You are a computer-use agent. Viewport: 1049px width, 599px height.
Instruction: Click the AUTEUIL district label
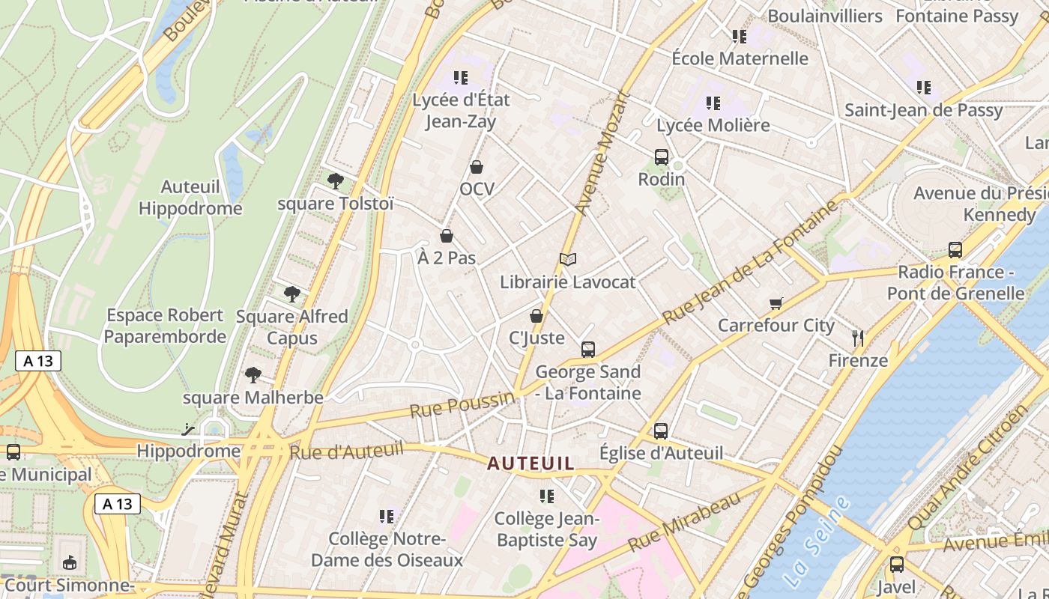click(530, 463)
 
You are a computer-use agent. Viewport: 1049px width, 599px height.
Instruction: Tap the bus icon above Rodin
click(661, 157)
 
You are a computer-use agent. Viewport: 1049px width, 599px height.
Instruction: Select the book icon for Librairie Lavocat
click(568, 259)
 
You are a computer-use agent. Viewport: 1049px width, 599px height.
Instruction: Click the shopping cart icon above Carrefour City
click(776, 303)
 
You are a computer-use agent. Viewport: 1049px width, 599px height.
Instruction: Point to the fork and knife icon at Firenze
click(858, 338)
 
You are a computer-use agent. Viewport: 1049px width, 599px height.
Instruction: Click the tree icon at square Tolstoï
click(336, 180)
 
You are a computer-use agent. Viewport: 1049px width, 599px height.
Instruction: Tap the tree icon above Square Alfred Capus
click(291, 294)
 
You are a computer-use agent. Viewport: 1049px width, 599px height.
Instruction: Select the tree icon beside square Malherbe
click(253, 374)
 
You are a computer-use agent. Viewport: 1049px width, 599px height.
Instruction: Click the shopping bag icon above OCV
click(477, 167)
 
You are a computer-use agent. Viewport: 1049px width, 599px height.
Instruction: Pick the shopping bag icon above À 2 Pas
click(447, 236)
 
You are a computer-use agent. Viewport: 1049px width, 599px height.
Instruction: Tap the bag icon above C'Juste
click(536, 316)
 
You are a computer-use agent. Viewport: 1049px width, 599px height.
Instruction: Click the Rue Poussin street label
click(462, 405)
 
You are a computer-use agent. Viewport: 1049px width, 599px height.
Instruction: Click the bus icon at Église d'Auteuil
click(660, 431)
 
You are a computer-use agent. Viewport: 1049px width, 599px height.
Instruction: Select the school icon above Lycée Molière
click(713, 103)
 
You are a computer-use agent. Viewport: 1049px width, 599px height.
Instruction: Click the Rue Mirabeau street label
click(684, 520)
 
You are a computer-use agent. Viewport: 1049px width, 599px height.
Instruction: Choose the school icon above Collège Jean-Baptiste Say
click(546, 496)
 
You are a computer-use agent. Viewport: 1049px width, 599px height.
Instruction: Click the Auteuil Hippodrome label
click(190, 197)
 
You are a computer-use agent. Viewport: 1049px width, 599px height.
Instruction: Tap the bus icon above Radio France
click(955, 250)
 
